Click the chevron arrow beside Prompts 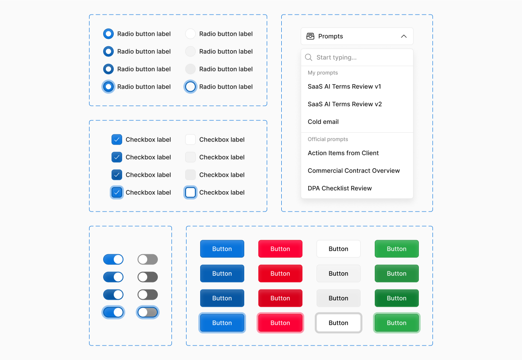pos(403,36)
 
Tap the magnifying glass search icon pos(309,57)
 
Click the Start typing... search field pos(362,57)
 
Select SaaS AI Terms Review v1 pos(344,86)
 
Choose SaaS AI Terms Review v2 pos(345,104)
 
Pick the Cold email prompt pos(323,122)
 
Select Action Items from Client pos(343,153)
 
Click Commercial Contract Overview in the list pos(354,171)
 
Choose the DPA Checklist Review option pos(339,188)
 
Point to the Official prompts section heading pos(328,139)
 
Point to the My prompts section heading pos(323,73)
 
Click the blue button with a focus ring pos(222,323)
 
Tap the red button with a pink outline pos(280,323)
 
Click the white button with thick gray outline pos(338,323)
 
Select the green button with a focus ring pos(396,323)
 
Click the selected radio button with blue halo pos(108,87)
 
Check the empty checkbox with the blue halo pos(190,193)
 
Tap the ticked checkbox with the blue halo pos(117,193)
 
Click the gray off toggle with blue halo pos(148,312)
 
